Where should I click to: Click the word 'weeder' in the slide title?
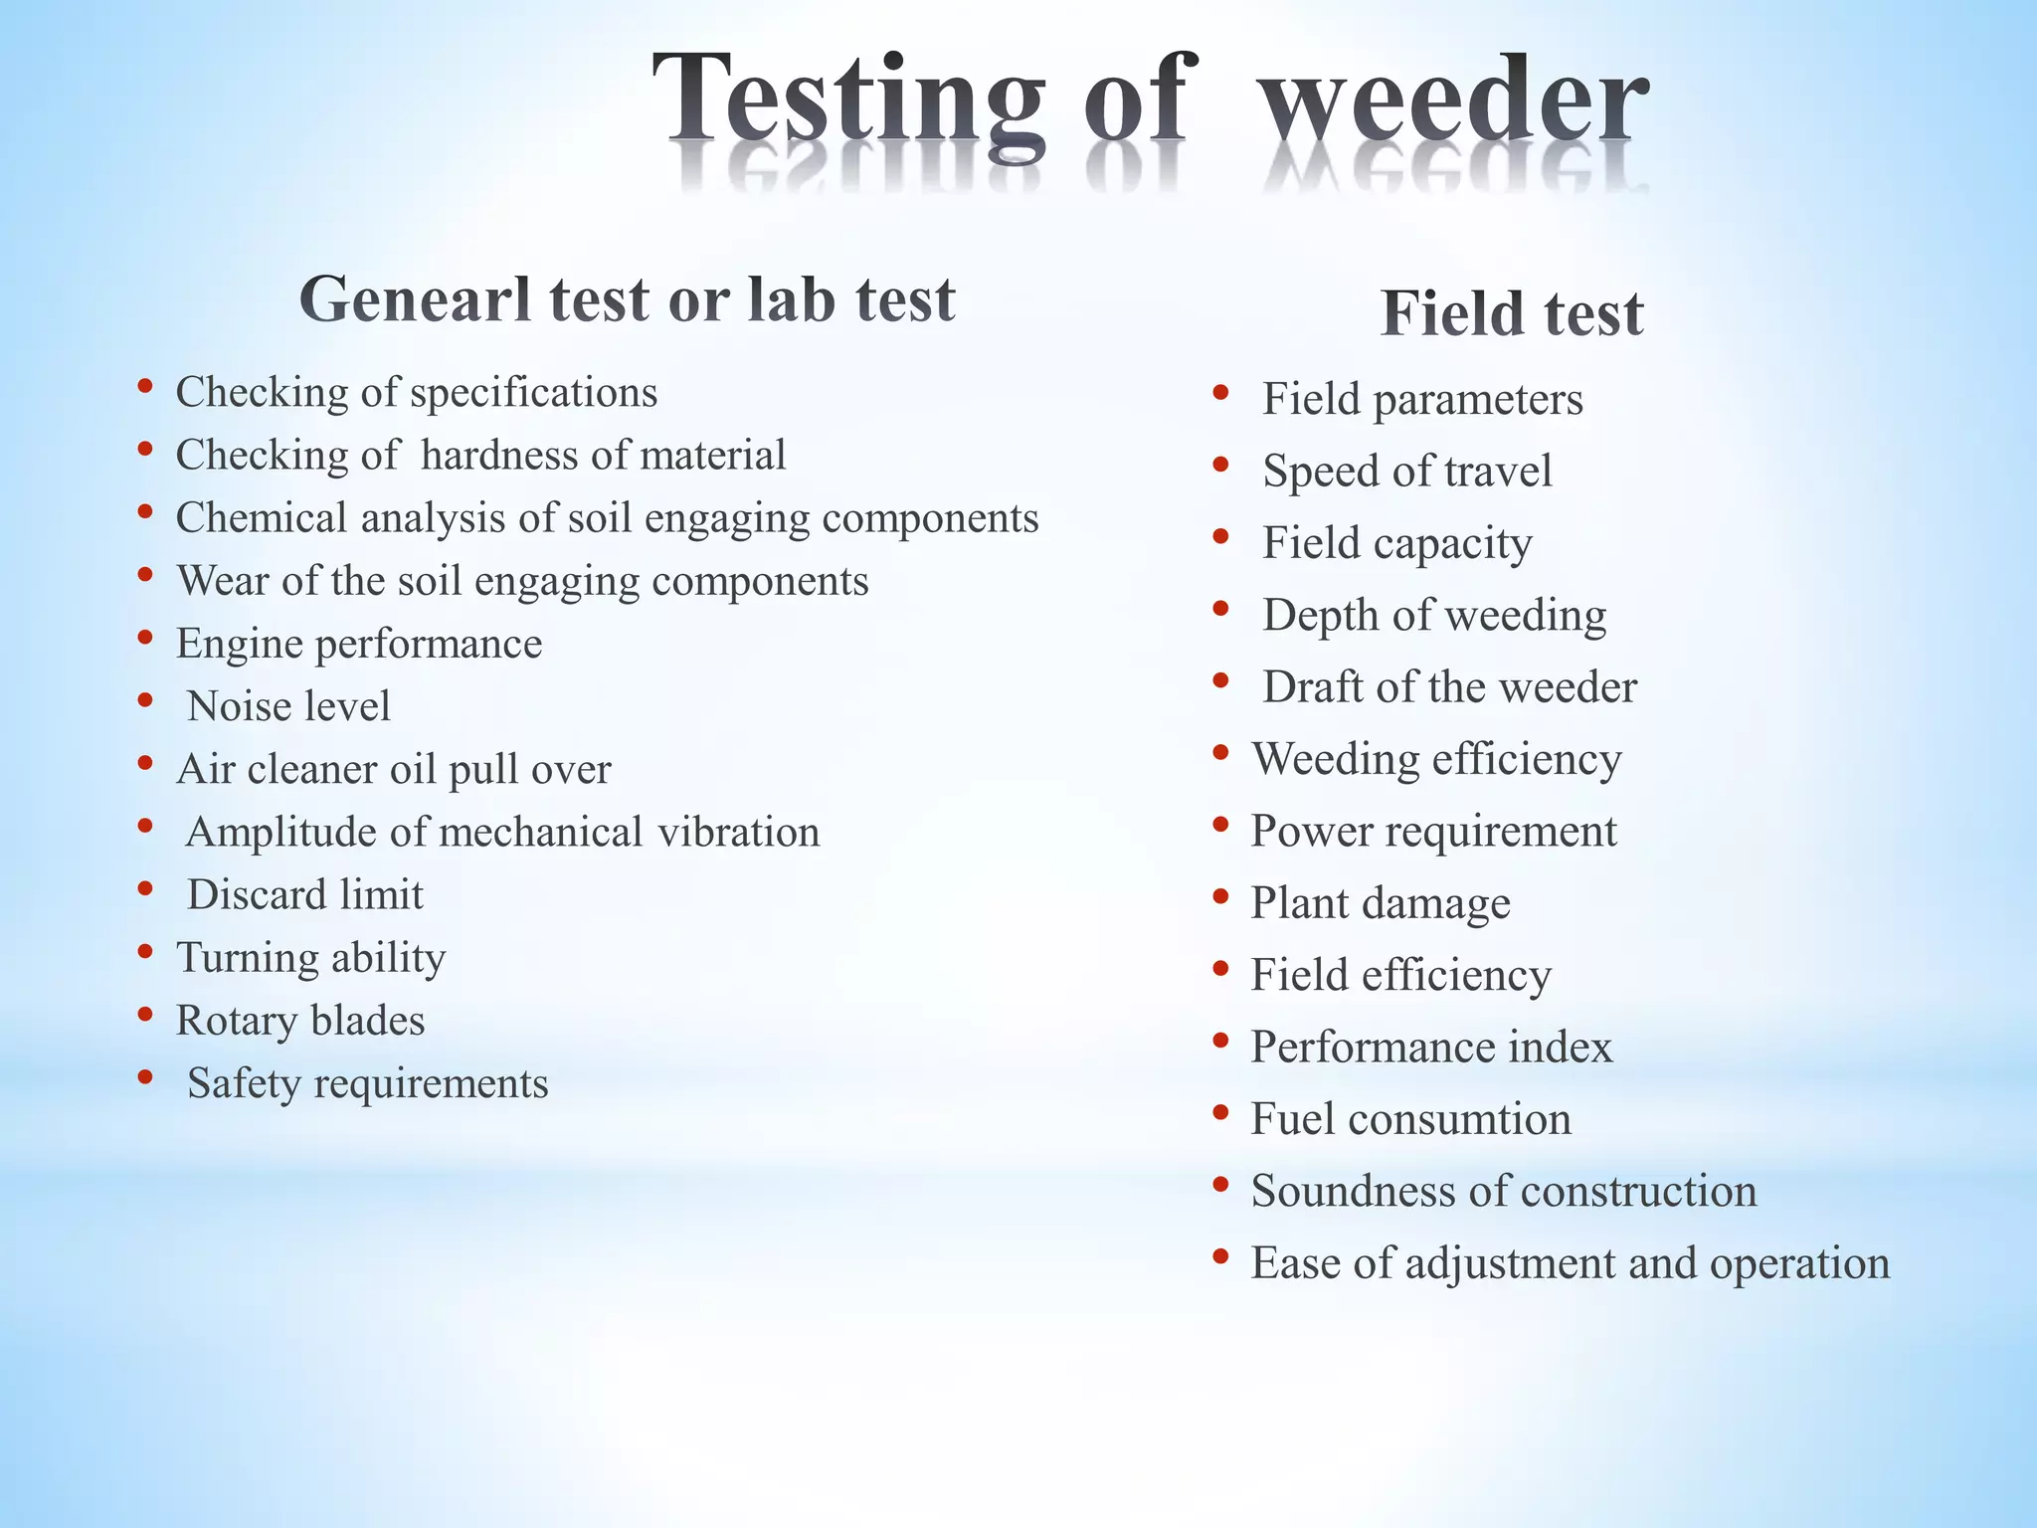[1454, 99]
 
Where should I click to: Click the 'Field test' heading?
[1512, 313]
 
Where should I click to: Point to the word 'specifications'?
[534, 393]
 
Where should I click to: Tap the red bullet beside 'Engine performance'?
[145, 637]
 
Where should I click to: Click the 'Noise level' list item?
[288, 706]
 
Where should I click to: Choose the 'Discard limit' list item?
[305, 894]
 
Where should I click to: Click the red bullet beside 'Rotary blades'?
[145, 1014]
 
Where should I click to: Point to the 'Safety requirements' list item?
[367, 1083]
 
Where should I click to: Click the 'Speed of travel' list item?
[1406, 471]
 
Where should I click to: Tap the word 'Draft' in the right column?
[1312, 686]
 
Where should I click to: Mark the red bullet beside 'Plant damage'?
[1221, 896]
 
